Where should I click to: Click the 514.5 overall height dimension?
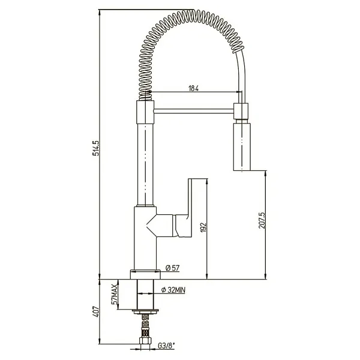[96, 148]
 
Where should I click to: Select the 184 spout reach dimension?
[194, 88]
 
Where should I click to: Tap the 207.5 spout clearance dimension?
[262, 220]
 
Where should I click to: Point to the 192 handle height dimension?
[203, 227]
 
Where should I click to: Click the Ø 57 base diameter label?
[172, 268]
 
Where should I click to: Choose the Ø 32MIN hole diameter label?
[173, 290]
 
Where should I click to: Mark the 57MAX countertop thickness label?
[115, 294]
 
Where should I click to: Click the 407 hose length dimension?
[96, 312]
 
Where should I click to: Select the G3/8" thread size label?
[166, 346]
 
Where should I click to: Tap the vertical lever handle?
[190, 208]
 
